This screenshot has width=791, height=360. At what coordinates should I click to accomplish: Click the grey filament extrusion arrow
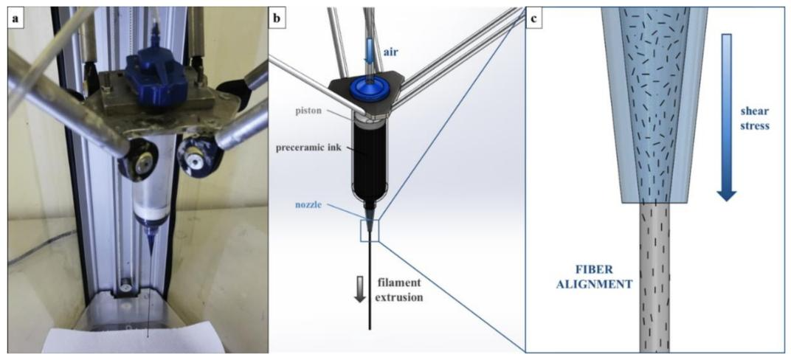click(359, 291)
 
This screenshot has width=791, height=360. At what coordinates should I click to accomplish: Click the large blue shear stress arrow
click(726, 117)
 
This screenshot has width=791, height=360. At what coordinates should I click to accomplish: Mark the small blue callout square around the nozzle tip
click(370, 231)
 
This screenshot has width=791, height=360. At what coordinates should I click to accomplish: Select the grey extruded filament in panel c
click(654, 277)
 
